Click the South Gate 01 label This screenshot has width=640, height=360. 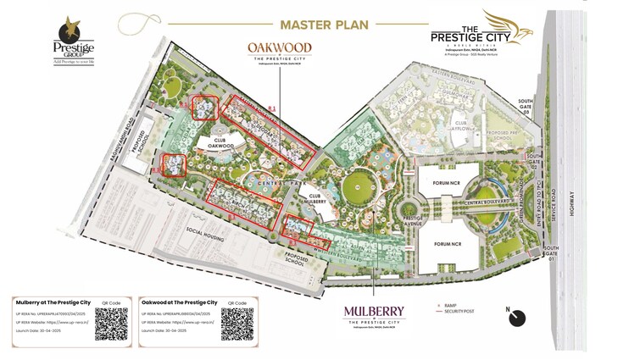coord(528,252)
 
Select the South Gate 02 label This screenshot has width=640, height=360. coord(534,161)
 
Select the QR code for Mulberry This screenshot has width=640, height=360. coord(111,323)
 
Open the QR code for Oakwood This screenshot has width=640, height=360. coord(237,323)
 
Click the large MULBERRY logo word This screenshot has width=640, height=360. coord(374,311)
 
